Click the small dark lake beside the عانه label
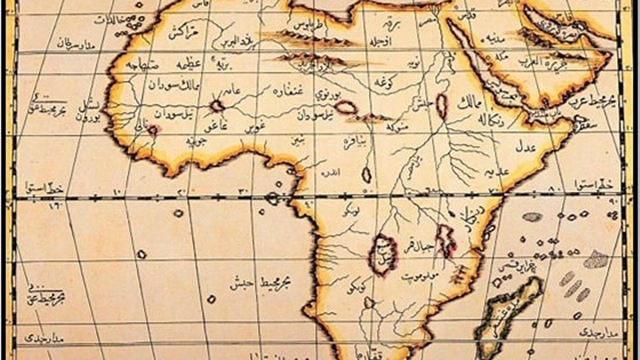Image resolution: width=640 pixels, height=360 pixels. pos(217,106)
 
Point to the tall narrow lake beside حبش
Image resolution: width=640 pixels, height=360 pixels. pos(442,106)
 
